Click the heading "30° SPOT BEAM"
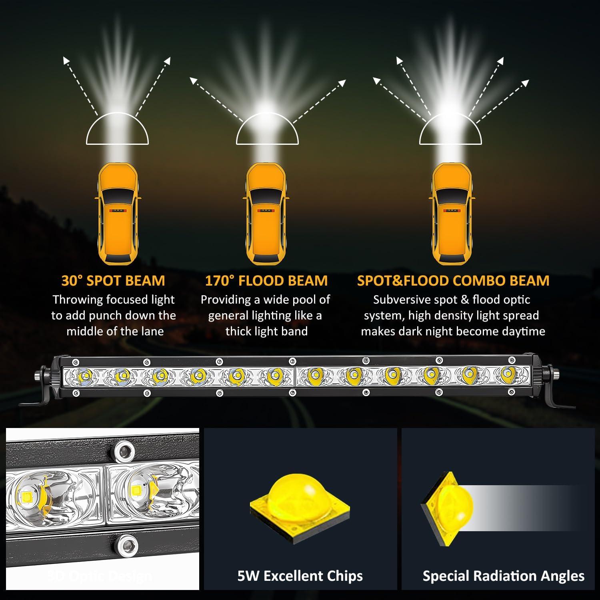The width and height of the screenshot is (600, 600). (113, 280)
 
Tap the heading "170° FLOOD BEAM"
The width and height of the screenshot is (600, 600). (266, 280)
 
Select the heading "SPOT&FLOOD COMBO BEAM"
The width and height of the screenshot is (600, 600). (453, 280)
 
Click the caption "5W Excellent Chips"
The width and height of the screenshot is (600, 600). (300, 576)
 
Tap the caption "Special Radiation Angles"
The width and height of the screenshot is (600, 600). (503, 576)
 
